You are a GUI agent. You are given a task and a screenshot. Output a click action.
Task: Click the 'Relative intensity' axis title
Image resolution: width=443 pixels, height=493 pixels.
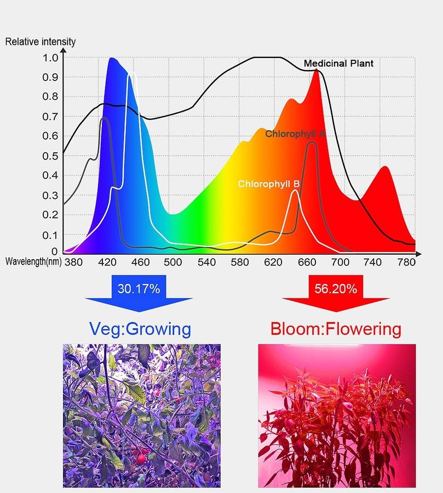[x=41, y=42]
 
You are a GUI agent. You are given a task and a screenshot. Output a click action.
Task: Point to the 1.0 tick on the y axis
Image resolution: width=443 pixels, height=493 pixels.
[x=50, y=58]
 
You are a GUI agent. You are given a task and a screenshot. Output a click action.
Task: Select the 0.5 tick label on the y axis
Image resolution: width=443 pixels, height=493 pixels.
[x=50, y=156]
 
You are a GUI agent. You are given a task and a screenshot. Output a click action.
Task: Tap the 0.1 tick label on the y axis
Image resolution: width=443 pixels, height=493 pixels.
[x=50, y=234]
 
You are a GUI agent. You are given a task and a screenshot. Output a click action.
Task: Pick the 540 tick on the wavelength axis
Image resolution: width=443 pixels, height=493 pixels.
[x=206, y=262]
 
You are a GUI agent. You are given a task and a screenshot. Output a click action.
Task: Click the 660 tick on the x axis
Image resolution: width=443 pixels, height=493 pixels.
[x=307, y=262]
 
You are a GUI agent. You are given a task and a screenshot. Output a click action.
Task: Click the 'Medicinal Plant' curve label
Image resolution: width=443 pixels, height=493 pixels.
[x=338, y=64]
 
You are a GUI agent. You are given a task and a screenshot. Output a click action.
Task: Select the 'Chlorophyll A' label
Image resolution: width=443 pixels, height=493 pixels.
[x=295, y=134]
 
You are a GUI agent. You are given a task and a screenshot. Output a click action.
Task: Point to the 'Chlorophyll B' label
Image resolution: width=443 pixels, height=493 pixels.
[x=268, y=184]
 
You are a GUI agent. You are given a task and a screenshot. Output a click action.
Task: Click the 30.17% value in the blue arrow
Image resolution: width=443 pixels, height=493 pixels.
[x=139, y=288]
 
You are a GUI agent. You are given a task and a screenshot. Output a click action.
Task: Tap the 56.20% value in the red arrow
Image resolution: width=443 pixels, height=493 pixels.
[x=336, y=288]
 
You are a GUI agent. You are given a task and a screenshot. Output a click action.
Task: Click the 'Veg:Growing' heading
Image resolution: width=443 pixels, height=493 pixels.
[x=140, y=329]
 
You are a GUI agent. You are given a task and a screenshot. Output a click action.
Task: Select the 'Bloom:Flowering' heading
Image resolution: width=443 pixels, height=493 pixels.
[x=336, y=329]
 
